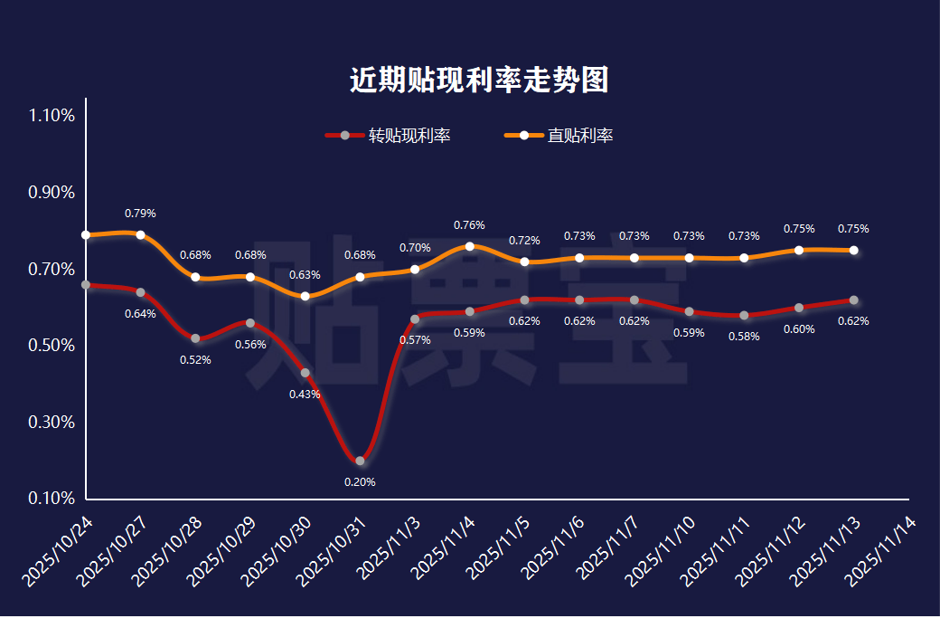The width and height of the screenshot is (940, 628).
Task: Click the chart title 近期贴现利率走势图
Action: click(x=479, y=80)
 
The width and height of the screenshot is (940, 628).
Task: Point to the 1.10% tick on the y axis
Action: click(x=52, y=116)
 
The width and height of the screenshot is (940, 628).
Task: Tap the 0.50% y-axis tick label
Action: click(x=52, y=346)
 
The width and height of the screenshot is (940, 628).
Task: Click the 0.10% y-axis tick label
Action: click(x=52, y=499)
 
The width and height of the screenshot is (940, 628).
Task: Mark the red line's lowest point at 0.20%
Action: click(x=360, y=461)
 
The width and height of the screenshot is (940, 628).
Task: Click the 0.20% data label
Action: click(x=360, y=482)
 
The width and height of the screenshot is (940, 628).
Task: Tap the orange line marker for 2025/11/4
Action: click(x=470, y=246)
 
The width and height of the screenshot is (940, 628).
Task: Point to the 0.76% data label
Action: click(x=470, y=225)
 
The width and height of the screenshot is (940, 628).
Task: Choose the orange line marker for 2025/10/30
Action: click(x=305, y=296)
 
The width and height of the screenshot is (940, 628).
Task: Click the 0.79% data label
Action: click(x=140, y=214)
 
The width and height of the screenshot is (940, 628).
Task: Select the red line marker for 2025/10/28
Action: click(x=195, y=338)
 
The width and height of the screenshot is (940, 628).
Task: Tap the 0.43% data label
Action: click(x=305, y=395)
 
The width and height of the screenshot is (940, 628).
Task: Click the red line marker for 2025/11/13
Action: click(x=853, y=300)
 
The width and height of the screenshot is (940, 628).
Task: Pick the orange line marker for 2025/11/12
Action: click(x=799, y=250)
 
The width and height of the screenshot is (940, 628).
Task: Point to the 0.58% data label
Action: click(x=744, y=337)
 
